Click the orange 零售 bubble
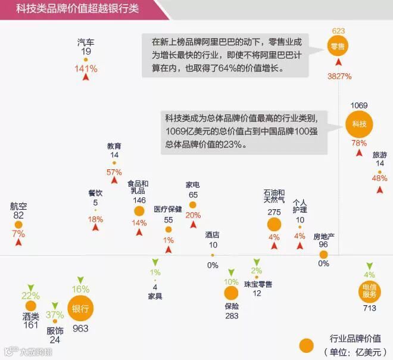[338, 46]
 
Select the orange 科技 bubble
[359, 124]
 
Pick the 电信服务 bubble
[369, 291]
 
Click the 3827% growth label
[339, 76]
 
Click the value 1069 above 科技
[359, 105]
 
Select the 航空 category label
[18, 206]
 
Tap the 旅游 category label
[379, 155]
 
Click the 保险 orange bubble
[231, 293]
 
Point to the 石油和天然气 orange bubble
[274, 224]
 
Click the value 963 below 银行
[80, 328]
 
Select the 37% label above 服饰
[55, 315]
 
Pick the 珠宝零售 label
[257, 284]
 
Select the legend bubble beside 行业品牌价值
[306, 346]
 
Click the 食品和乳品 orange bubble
[139, 211]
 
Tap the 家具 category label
[155, 295]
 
